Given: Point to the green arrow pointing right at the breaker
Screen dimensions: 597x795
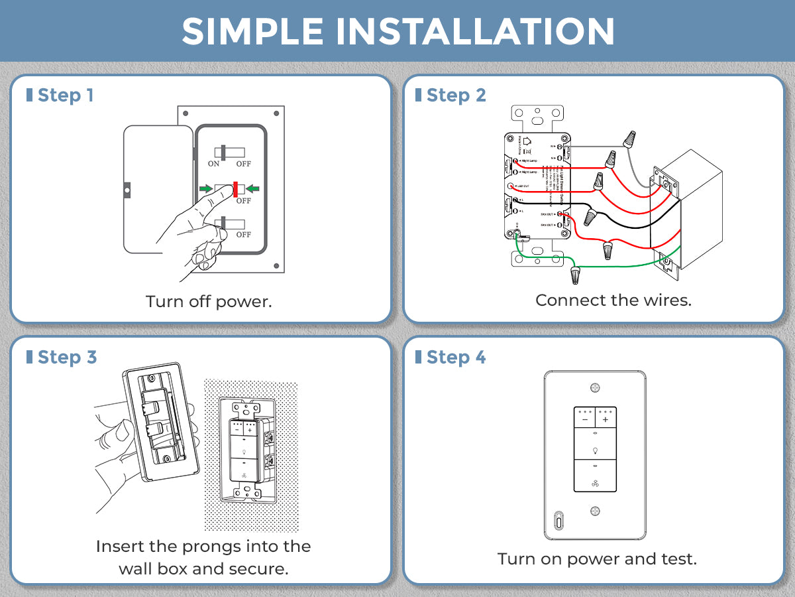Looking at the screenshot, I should coord(207,189).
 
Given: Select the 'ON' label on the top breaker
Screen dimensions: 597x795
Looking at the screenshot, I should coord(213,163).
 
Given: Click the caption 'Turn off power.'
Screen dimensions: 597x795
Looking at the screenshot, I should coord(209,302).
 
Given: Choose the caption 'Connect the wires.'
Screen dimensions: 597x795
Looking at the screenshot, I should coord(613,300).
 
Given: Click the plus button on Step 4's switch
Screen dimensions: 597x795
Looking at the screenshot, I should coord(606,420).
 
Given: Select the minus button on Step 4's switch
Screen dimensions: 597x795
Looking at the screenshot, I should coord(584,420).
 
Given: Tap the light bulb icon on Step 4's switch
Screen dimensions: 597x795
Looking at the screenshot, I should coord(595,450).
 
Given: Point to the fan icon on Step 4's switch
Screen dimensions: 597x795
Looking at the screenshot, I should coord(595,484).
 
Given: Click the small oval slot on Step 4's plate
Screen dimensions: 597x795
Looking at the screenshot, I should coord(559,521).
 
